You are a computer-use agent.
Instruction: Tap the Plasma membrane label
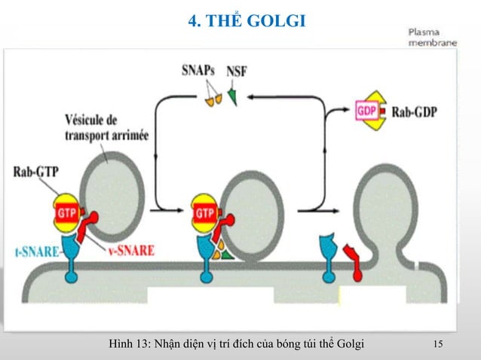(x=432, y=38)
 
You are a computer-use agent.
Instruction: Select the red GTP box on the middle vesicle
(x=204, y=213)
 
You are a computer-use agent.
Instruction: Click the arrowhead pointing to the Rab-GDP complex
(x=348, y=112)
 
